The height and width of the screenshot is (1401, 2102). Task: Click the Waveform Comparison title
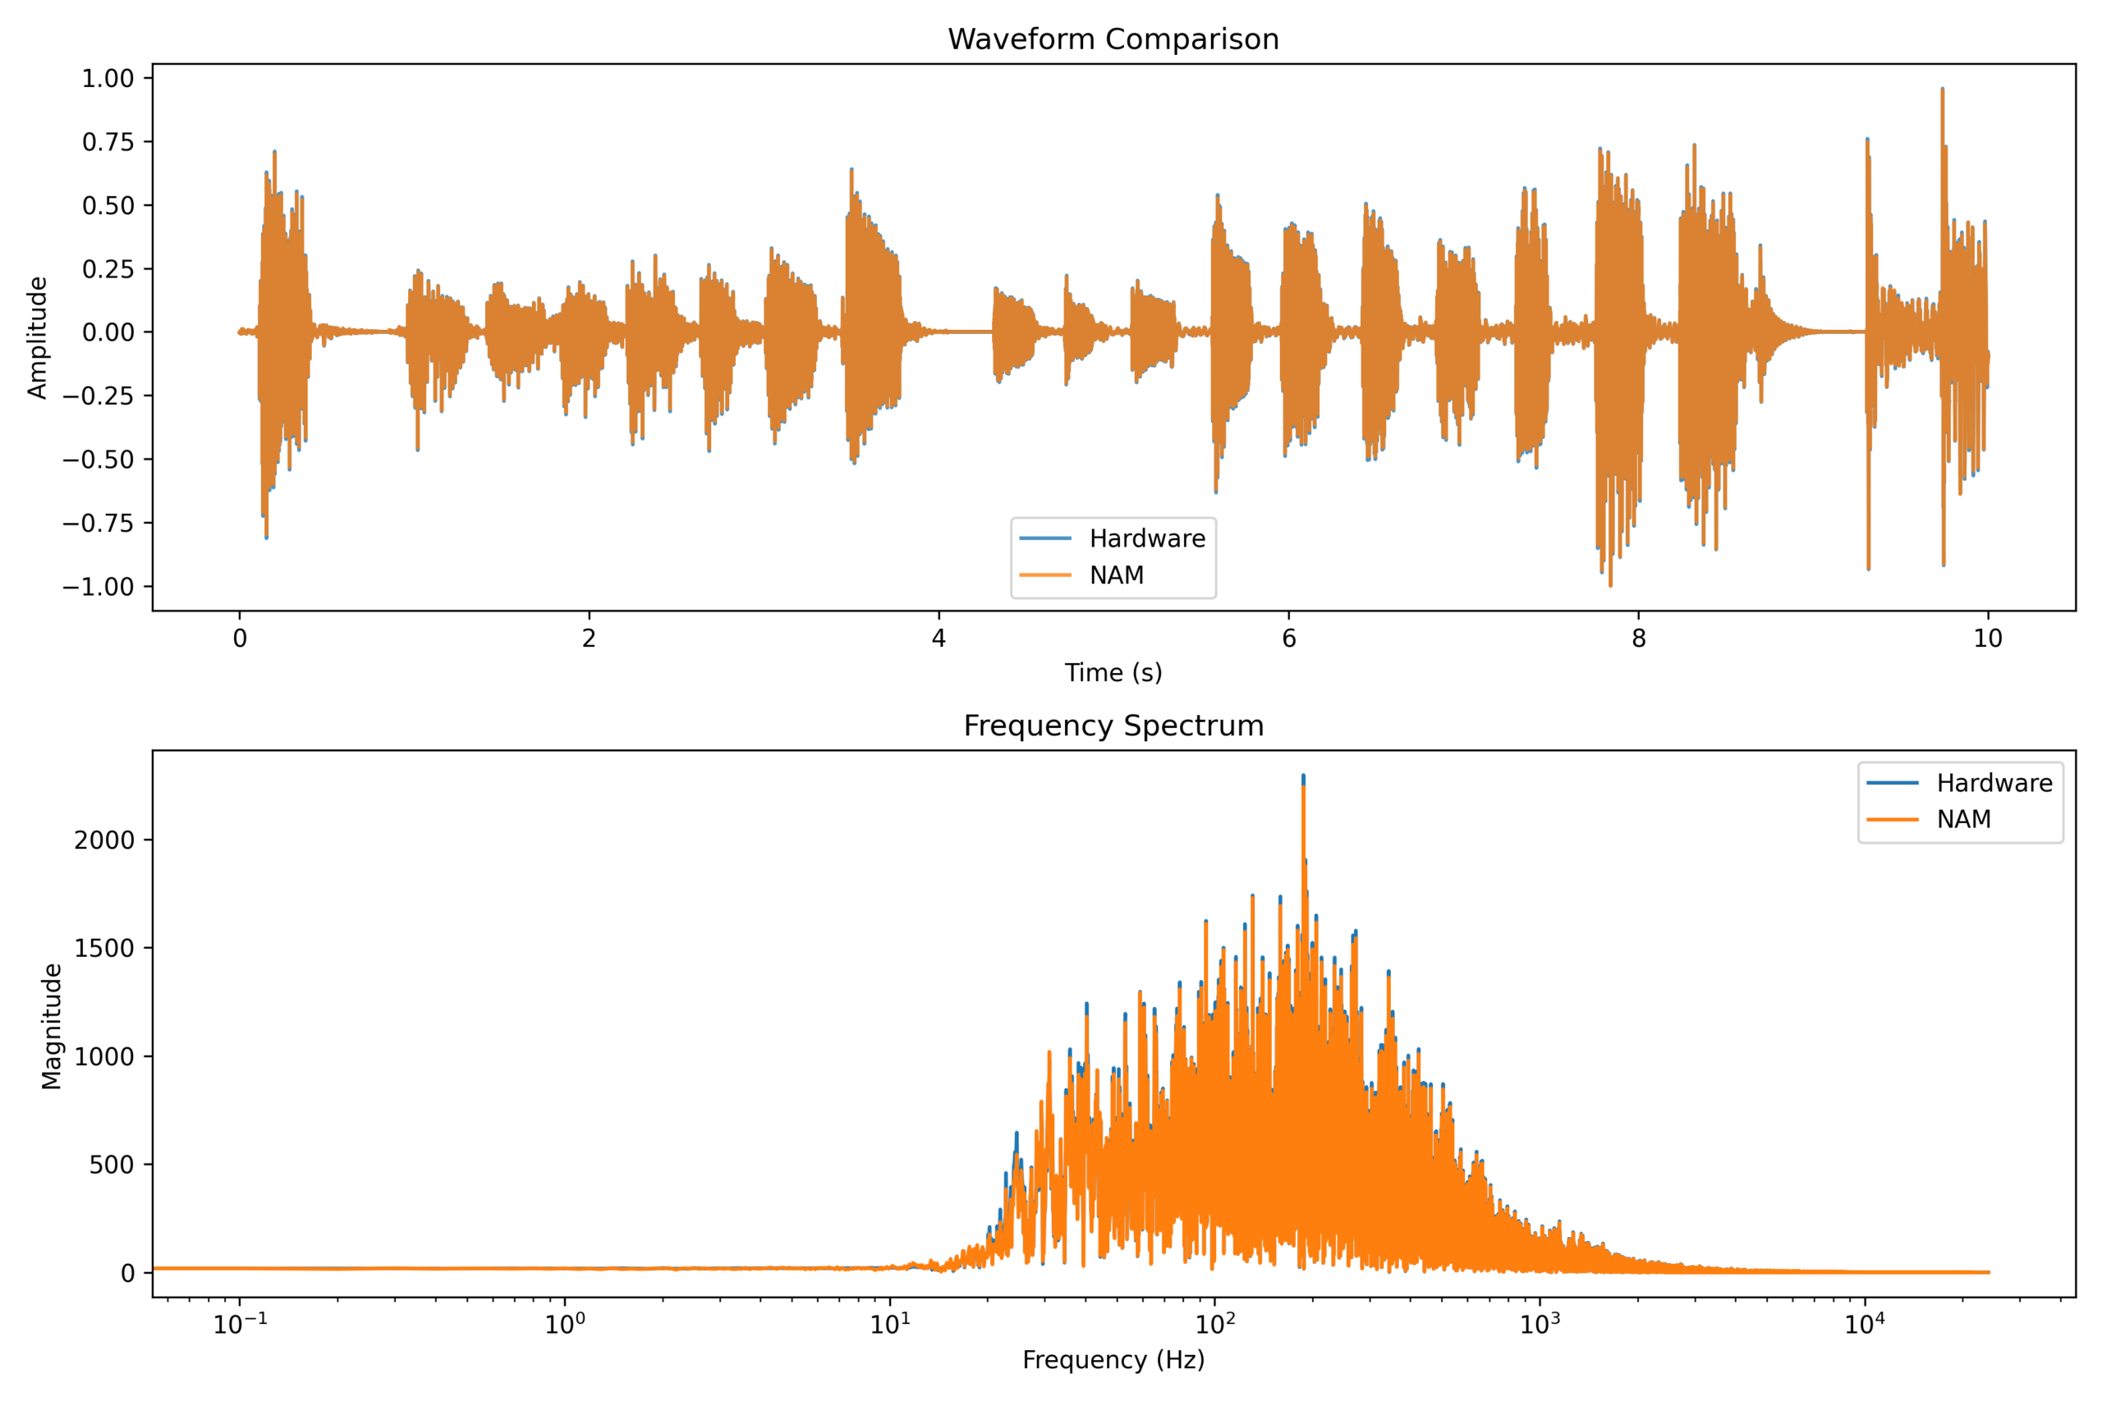point(1113,39)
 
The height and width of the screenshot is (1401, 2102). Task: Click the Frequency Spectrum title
point(1113,726)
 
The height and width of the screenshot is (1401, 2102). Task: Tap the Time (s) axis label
point(1113,673)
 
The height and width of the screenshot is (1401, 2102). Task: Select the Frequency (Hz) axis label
point(1113,1359)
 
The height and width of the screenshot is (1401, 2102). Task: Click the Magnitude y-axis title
point(52,1026)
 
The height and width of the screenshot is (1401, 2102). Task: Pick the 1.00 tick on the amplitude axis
point(108,79)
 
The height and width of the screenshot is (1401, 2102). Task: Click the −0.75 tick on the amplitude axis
point(98,523)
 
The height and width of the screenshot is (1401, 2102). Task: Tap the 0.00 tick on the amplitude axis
point(108,332)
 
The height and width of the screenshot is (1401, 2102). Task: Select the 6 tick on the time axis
point(1287,638)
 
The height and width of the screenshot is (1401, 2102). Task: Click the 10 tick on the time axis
point(1988,638)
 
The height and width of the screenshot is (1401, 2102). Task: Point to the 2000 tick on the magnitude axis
point(103,840)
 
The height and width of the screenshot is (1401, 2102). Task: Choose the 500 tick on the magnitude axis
point(111,1165)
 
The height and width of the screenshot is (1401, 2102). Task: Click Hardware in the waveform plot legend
point(1146,538)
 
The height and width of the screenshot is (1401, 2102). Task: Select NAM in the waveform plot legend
point(1116,575)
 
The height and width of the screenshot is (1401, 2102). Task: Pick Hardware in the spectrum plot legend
point(1994,783)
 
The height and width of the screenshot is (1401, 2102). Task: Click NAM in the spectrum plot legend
point(1963,819)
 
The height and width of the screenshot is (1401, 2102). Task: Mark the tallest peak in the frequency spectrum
point(1303,776)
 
